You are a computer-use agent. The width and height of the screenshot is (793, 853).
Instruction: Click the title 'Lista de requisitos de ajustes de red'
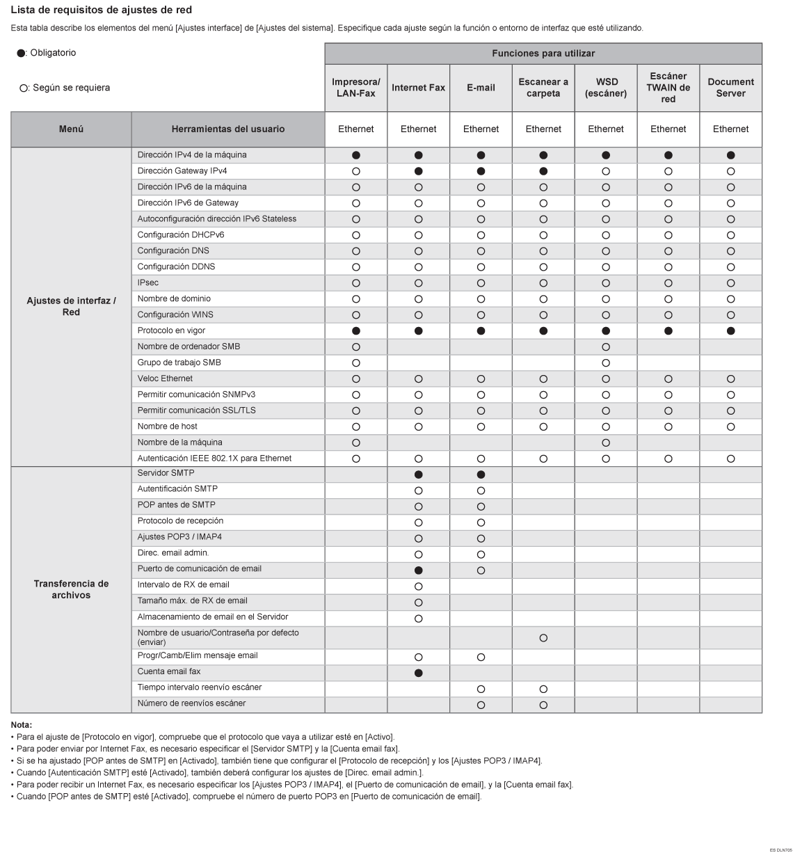[102, 10]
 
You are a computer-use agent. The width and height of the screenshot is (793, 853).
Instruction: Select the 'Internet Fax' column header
[418, 88]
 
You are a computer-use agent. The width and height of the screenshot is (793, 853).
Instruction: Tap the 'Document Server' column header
[730, 88]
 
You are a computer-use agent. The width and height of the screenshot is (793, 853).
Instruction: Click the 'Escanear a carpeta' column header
[543, 88]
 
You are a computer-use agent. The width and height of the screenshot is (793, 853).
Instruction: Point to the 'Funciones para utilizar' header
[543, 54]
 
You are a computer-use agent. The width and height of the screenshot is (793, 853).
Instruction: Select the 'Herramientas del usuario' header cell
[227, 129]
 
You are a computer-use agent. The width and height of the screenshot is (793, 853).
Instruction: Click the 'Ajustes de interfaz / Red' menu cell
[71, 307]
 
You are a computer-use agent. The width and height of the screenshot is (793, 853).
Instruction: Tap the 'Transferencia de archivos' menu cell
[71, 589]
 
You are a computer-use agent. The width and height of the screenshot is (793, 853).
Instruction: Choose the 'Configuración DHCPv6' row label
[181, 235]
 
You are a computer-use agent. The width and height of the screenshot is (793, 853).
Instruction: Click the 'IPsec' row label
[148, 283]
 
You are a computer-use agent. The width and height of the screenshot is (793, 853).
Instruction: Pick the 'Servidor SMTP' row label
[166, 473]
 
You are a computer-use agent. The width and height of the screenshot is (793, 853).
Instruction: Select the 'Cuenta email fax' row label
[169, 672]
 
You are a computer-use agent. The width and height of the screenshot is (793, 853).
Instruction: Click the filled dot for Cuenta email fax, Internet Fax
[418, 673]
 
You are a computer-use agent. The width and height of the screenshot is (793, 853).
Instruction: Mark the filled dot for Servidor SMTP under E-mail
[481, 475]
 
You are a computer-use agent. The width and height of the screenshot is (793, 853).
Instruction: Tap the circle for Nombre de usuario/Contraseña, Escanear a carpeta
[543, 638]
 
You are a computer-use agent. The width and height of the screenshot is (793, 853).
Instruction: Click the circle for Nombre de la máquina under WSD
[606, 443]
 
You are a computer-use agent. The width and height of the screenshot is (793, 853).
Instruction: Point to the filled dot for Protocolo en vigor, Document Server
[730, 331]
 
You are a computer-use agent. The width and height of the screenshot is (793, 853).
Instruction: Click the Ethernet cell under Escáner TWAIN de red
[668, 129]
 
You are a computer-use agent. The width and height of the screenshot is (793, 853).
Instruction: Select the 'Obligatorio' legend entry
[47, 53]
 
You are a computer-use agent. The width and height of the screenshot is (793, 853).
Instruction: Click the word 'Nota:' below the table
[22, 725]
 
